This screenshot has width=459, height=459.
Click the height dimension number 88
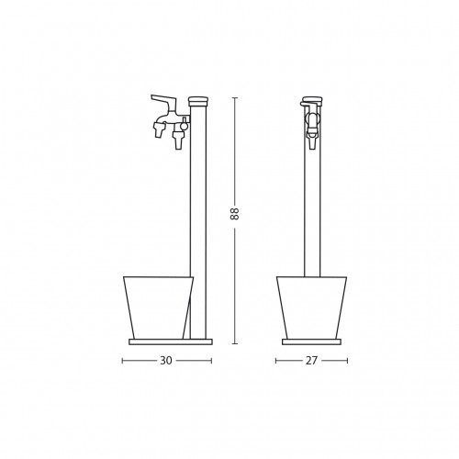(234, 214)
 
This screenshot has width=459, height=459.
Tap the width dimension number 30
(166, 361)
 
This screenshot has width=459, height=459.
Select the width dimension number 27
(311, 361)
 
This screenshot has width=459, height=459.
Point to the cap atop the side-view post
(198, 101)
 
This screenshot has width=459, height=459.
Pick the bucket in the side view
(158, 308)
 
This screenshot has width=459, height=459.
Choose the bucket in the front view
(311, 308)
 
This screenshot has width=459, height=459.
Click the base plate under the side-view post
(171, 341)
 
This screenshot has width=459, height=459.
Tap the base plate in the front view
(311, 341)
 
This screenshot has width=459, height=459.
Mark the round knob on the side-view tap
(184, 125)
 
